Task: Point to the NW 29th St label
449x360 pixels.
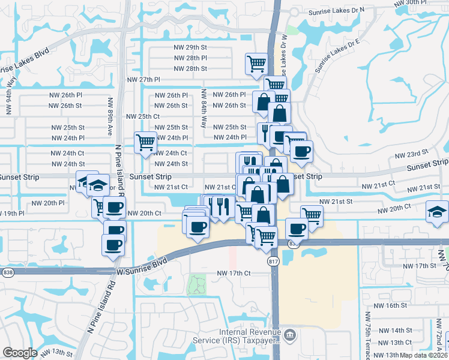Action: pyautogui.click(x=190, y=47)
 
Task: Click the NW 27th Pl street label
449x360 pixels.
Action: pyautogui.click(x=143, y=79)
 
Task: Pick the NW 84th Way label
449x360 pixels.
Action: pyautogui.click(x=204, y=109)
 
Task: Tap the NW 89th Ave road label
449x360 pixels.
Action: pyautogui.click(x=110, y=117)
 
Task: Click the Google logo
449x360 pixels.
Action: pyautogui.click(x=20, y=353)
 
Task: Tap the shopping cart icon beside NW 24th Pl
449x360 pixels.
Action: pyautogui.click(x=145, y=143)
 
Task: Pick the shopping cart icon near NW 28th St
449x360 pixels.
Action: pyautogui.click(x=256, y=62)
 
